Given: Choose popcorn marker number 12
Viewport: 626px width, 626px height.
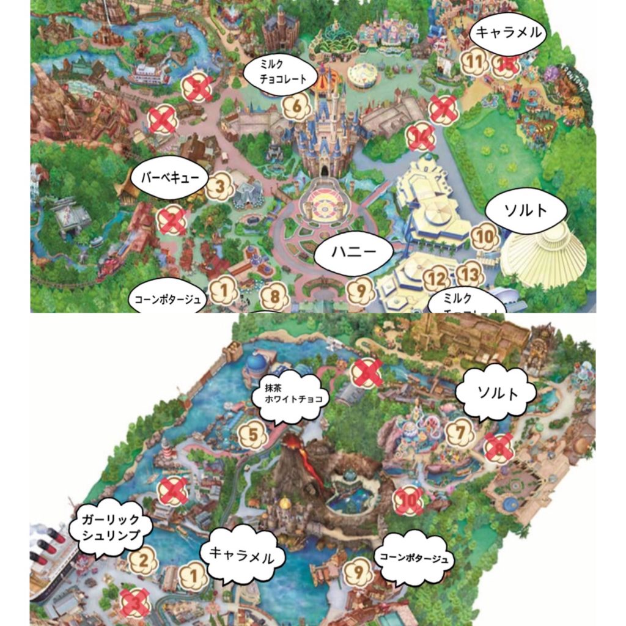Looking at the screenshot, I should (436, 279).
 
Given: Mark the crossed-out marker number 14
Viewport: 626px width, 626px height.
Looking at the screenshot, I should (422, 138).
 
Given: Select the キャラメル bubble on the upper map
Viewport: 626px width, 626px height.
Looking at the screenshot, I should (509, 33).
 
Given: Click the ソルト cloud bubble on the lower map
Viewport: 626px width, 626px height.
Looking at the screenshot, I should (496, 393).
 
